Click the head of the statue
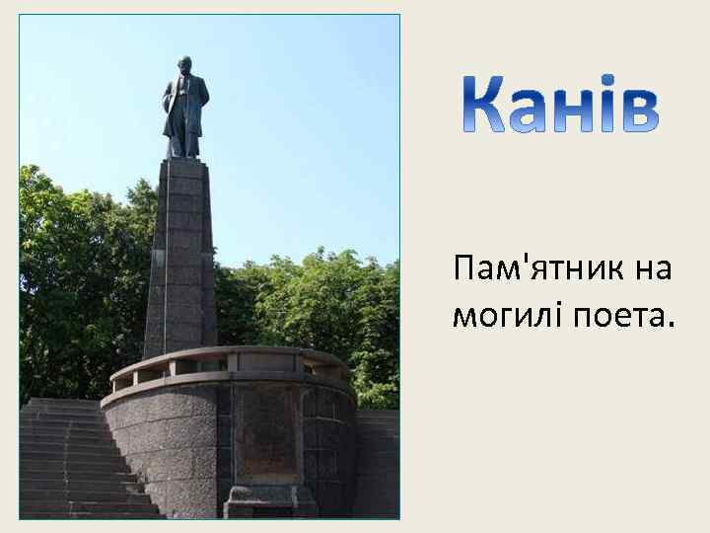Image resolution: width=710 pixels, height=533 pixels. pos(185,66)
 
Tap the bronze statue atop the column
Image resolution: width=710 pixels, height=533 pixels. pos(185,109)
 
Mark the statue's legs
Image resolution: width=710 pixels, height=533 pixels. pos(183,138)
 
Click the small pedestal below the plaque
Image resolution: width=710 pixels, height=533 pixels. pos(265,501)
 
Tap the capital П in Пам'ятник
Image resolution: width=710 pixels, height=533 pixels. pos(464,267)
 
